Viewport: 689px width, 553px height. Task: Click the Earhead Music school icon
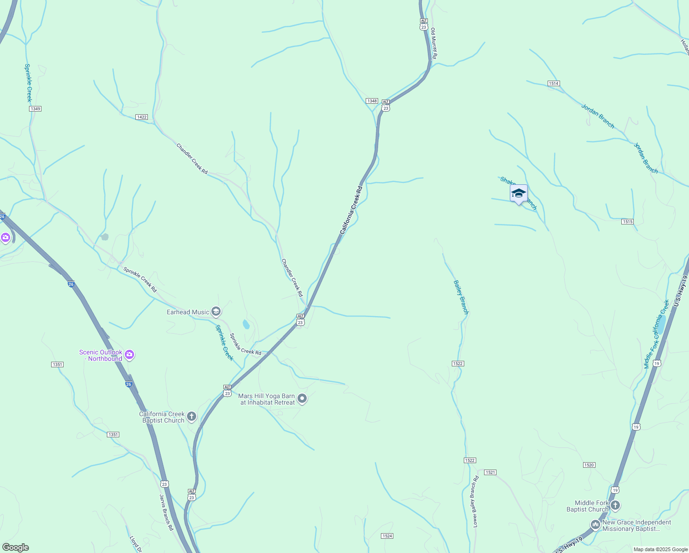216,312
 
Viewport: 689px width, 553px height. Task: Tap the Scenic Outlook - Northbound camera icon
130,355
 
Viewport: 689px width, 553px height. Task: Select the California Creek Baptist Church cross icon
192,417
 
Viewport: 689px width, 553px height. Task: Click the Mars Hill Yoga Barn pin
302,398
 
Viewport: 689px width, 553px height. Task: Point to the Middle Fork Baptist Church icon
615,506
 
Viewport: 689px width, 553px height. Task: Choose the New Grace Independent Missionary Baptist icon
596,524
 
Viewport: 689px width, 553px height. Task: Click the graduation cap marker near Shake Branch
519,194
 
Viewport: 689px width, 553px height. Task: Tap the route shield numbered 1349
35,109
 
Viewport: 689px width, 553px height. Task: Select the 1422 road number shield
142,117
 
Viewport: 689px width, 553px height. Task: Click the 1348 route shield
372,101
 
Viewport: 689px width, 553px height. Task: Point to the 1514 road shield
554,83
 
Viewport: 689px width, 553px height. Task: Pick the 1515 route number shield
627,222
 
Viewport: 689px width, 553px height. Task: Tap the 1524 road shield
387,536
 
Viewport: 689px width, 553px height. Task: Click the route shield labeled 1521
490,472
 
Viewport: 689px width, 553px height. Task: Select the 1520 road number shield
589,465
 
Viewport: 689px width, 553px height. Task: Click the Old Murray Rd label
433,43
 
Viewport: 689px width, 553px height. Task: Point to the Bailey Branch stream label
461,297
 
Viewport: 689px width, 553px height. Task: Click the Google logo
16,547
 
